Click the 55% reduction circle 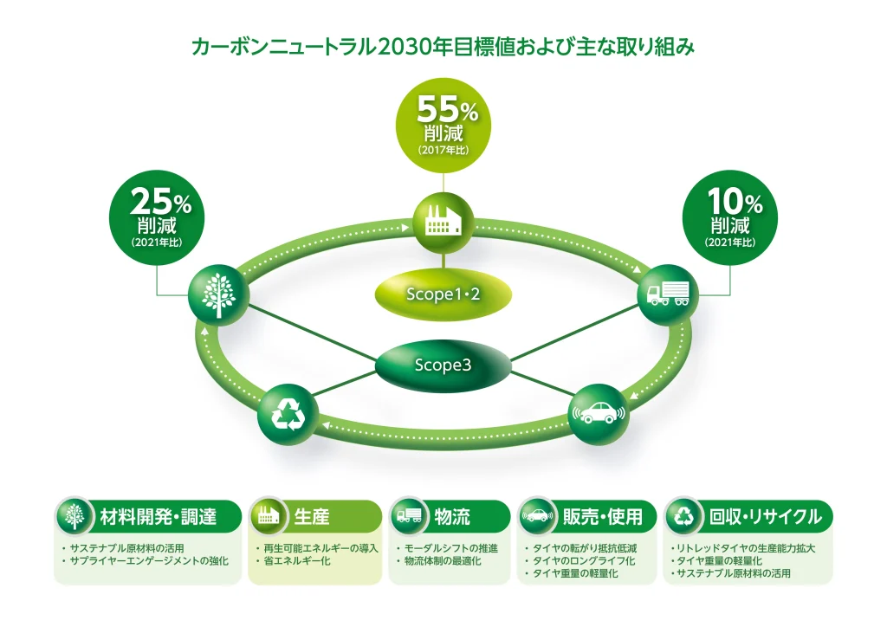tap(443, 125)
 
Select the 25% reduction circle tap(157, 217)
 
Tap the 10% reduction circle tap(729, 217)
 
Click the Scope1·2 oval tap(443, 294)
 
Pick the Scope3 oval tap(443, 365)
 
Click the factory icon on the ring tap(443, 224)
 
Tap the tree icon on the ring tap(219, 294)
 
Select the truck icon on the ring tap(668, 294)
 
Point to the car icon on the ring tap(598, 415)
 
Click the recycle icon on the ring tap(288, 415)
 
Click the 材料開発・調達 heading tap(158, 517)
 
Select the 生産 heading tap(312, 517)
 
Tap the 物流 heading tap(452, 517)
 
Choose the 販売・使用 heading tap(603, 517)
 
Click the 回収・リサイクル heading tap(765, 517)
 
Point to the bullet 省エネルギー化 tap(297, 561)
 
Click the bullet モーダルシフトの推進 tap(450, 548)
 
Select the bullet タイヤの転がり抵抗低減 tap(585, 548)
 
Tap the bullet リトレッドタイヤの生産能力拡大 tap(746, 548)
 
